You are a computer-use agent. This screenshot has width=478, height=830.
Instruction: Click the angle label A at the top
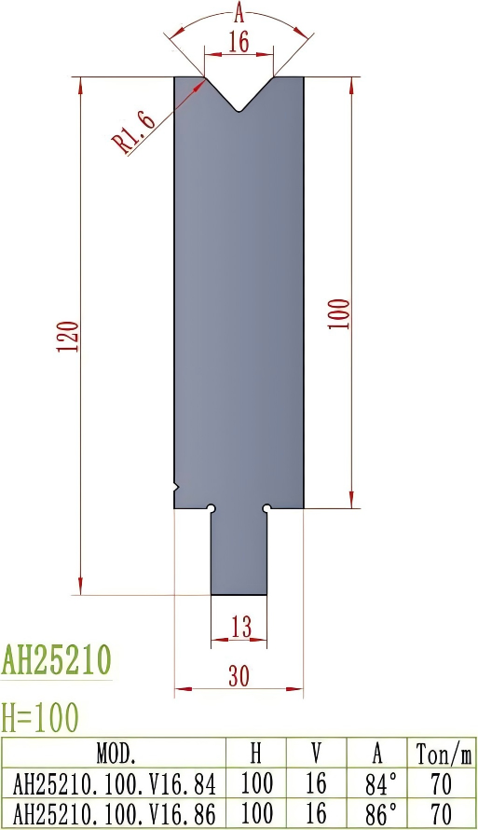(x=239, y=12)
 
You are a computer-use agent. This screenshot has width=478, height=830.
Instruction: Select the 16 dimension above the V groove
(x=239, y=42)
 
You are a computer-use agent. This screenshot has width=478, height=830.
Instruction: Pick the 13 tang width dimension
(x=240, y=628)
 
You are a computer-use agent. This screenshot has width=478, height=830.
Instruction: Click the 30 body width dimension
(x=239, y=678)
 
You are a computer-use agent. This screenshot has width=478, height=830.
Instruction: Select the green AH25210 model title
(x=56, y=660)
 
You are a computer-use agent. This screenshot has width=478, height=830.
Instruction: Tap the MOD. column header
(x=116, y=752)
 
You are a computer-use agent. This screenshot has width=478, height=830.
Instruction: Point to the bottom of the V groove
(x=239, y=113)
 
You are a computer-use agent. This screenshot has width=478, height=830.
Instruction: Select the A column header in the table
(x=377, y=752)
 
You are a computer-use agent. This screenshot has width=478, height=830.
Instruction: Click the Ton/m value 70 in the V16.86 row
(x=442, y=811)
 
